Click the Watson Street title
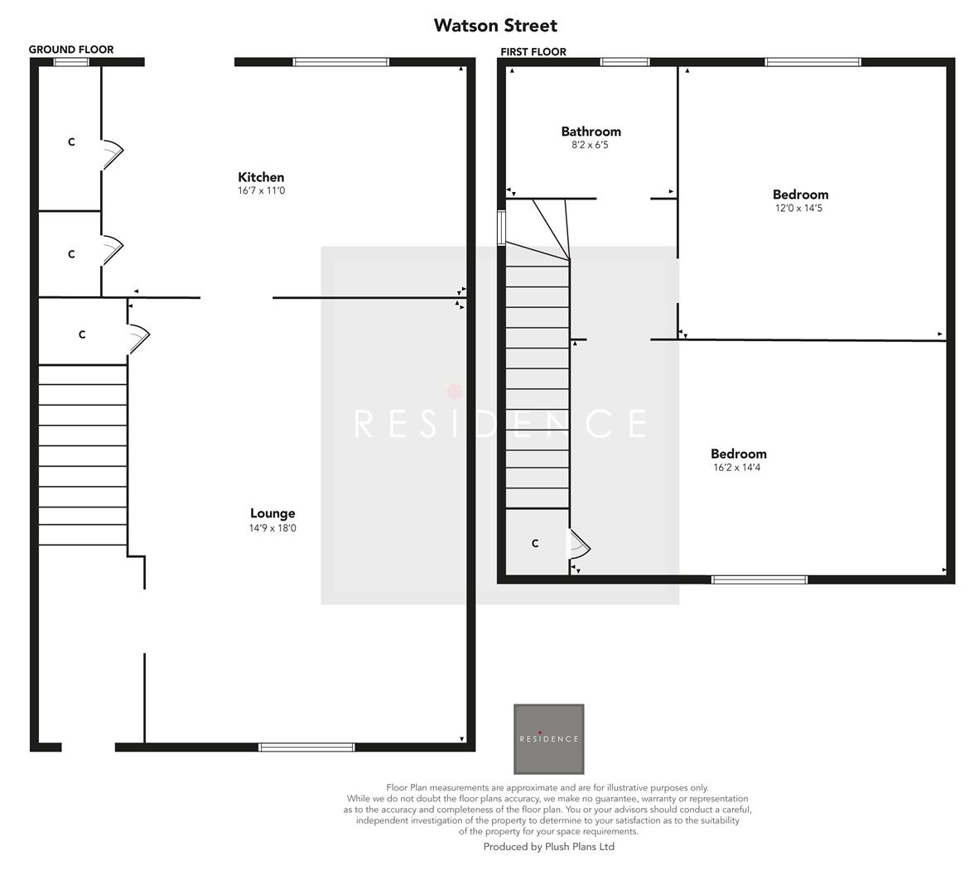pos(495,26)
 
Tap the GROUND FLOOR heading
pos(71,50)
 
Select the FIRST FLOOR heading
pos(533,51)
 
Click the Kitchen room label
pos(261,177)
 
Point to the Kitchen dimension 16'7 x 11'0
pos(261,191)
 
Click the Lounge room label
pos(272,513)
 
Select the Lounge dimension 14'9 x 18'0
pos(272,528)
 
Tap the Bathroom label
pos(591,132)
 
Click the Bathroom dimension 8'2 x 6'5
pos(591,145)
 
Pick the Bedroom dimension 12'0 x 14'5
pos(800,209)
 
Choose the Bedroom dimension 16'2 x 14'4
pos(738,468)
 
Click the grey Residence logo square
pos(548,738)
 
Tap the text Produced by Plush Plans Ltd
pos(548,847)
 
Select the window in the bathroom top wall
pos(625,62)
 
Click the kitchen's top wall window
pos(340,62)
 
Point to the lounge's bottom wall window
pos(306,747)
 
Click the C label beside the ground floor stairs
pos(82,335)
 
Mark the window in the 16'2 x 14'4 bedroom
pos(760,579)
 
